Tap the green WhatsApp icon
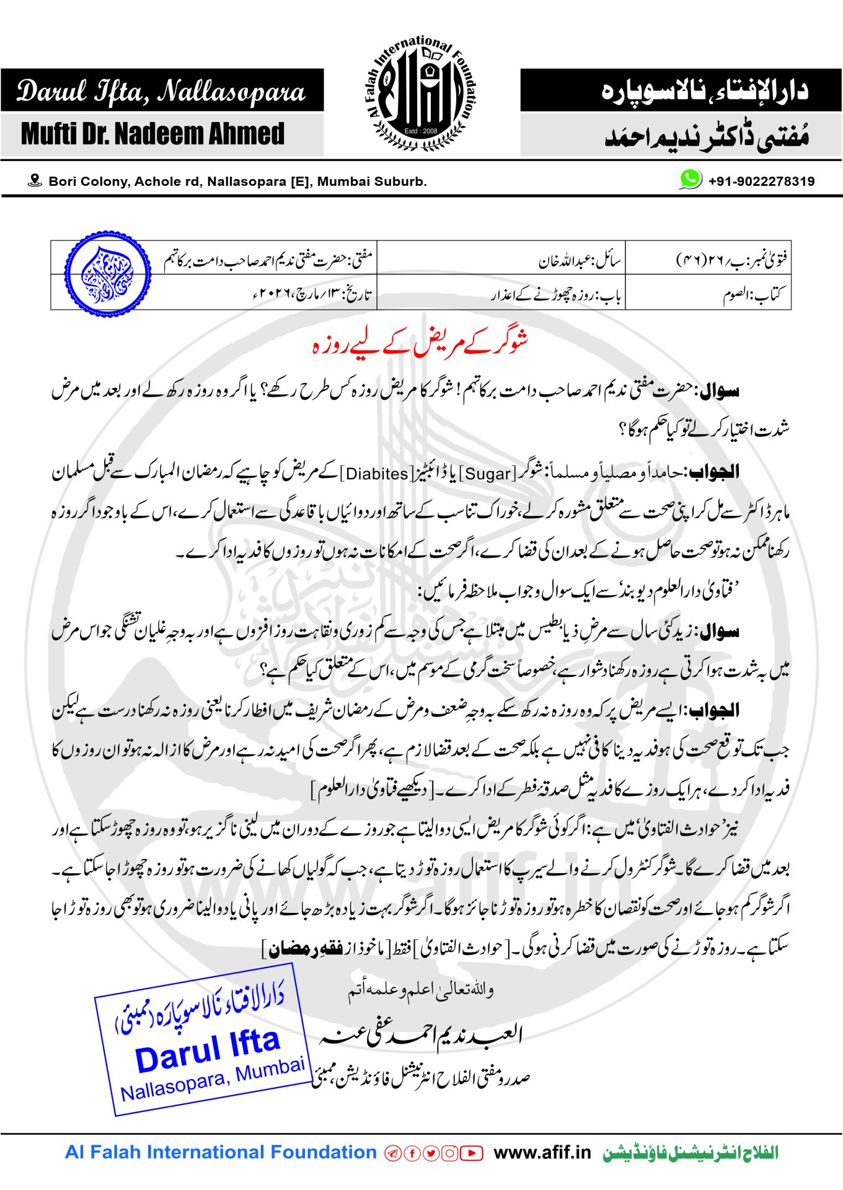pyautogui.click(x=690, y=179)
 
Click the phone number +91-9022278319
pyautogui.click(x=761, y=181)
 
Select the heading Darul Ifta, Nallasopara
pyautogui.click(x=161, y=92)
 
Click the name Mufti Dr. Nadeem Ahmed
pyautogui.click(x=152, y=134)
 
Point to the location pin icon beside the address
pyautogui.click(x=35, y=180)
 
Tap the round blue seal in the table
pyautogui.click(x=107, y=274)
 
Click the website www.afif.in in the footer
pyautogui.click(x=542, y=1152)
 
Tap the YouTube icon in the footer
pyautogui.click(x=472, y=1153)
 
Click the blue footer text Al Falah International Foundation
pyautogui.click(x=221, y=1152)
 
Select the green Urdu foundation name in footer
pyautogui.click(x=691, y=1152)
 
